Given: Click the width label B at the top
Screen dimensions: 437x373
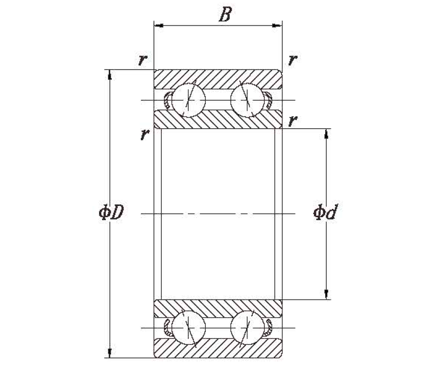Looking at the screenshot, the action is pos(225,14).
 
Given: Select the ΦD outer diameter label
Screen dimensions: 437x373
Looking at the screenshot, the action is pos(111,212).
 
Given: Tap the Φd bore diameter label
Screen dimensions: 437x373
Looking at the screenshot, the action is pos(325,212).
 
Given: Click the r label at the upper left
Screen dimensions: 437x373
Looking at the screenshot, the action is pos(142,60).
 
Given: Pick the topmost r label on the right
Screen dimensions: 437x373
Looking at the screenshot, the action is pos(293,60).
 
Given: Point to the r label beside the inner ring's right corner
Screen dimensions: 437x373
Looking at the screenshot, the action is pos(293,121).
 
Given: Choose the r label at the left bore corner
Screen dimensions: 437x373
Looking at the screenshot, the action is pos(144,134).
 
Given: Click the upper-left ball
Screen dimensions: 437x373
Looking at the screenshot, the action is pos(188,100).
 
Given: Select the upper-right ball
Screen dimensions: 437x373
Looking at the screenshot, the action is pos(248,100).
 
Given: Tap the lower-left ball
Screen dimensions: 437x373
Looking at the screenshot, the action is pos(188,328).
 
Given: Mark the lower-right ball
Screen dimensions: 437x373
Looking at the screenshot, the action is pos(248,328).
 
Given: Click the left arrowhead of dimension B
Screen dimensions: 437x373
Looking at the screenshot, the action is pos(158,26).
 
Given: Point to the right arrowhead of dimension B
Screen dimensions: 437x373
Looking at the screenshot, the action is pos(277,26).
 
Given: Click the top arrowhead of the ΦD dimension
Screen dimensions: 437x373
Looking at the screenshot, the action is pos(110,74).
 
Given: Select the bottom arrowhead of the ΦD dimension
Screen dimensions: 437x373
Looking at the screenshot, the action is pos(110,353).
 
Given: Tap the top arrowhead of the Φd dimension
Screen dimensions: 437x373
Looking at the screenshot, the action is pos(326,134).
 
